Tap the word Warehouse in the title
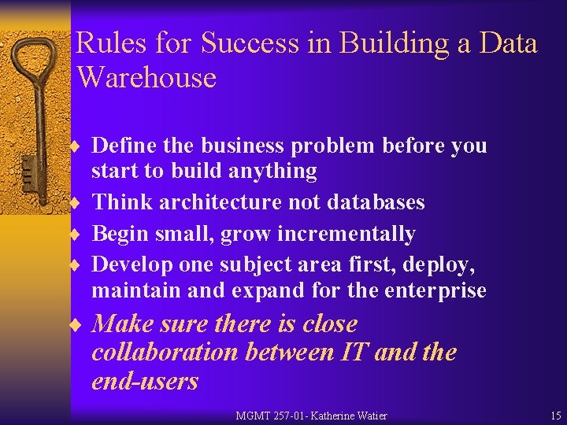pos(146,77)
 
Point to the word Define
pos(118,146)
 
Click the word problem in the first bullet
pos(338,146)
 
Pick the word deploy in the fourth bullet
pos(443,265)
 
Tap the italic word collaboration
pos(165,352)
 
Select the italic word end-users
pos(145,381)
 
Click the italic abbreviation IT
pos(353,352)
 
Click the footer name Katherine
pos(336,416)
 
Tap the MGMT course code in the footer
pos(254,416)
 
